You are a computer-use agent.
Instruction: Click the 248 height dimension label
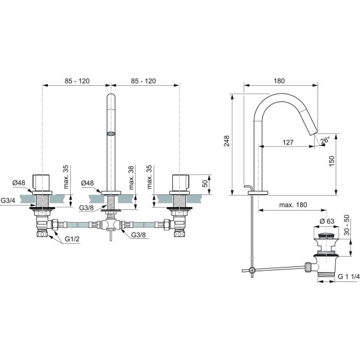coord(227,141)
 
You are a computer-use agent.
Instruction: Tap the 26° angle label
coord(325,140)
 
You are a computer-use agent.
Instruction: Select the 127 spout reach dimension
coord(288,142)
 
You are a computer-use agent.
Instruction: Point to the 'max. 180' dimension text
coord(293,205)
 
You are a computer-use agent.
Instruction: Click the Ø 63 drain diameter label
coord(327,221)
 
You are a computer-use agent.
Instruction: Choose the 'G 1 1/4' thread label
coord(349,277)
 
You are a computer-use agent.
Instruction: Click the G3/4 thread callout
coord(8,200)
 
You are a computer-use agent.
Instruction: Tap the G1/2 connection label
coord(73,239)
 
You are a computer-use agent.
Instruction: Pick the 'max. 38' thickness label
coord(131,178)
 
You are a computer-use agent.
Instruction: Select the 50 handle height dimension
coord(205,183)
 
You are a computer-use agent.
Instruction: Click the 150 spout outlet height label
coord(332,161)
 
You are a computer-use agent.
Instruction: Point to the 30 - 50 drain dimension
coord(347,225)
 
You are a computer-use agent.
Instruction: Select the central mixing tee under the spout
coord(111,224)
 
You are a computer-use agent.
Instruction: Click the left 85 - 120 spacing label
coord(77,81)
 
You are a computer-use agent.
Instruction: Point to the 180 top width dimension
coord(279,81)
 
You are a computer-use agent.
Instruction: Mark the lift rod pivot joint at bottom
coord(253,270)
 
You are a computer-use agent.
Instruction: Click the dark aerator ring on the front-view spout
coord(111,133)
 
